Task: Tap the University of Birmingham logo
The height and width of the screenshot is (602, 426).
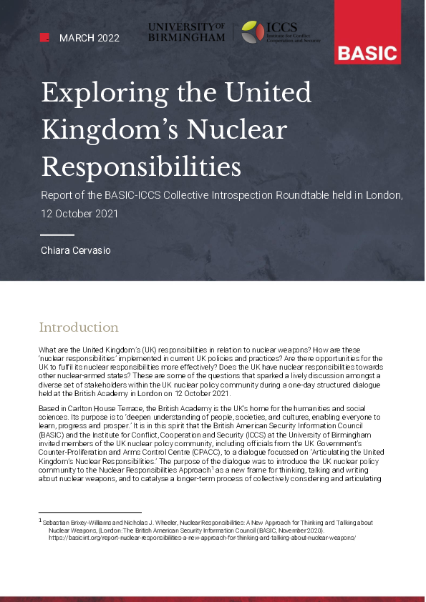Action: [x=186, y=32]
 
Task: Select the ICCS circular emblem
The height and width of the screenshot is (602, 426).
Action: [x=252, y=32]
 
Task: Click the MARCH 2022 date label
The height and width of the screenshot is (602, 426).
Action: [x=89, y=38]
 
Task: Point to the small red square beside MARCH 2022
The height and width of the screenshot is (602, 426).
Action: [x=44, y=38]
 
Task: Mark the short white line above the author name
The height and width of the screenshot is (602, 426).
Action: [x=57, y=235]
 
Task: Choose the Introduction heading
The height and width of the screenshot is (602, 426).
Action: [x=79, y=327]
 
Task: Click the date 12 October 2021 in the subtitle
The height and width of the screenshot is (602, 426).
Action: [x=79, y=213]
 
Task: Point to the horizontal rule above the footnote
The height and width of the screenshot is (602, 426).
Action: [x=89, y=512]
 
